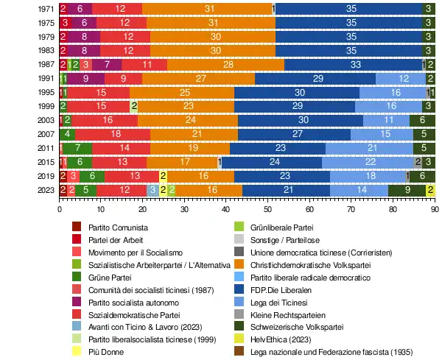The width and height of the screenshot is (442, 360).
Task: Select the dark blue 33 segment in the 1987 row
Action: (x=355, y=64)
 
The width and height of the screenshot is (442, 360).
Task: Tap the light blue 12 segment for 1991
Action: (x=401, y=78)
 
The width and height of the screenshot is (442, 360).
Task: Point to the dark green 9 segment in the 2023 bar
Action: (x=408, y=189)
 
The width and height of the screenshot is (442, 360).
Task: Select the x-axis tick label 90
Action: (x=435, y=208)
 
